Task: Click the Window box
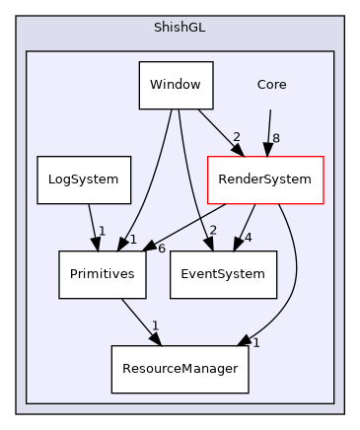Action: (176, 85)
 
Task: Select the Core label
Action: (271, 85)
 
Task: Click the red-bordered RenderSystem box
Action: (264, 179)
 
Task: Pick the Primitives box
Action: (103, 274)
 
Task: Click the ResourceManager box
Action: (180, 369)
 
